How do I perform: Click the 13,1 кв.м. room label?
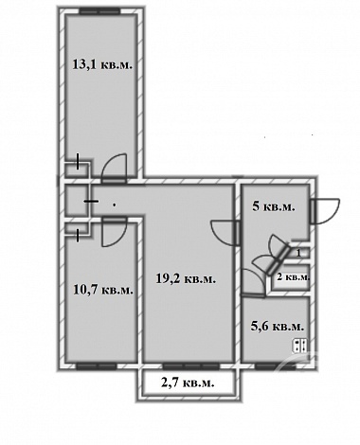point(102,64)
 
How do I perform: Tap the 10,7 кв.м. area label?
point(103,290)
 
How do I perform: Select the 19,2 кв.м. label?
point(186,278)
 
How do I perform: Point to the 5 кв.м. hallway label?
point(274,206)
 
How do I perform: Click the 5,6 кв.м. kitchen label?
point(278,327)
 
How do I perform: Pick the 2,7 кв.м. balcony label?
point(188,383)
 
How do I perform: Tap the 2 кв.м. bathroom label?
point(293,277)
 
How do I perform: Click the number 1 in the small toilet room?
point(298,252)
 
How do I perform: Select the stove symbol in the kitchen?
point(299,345)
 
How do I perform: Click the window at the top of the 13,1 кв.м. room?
point(99,11)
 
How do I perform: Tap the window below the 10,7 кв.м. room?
point(97,366)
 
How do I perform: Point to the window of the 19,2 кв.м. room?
point(190,366)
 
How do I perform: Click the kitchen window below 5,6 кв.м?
point(276,366)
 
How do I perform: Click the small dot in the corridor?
point(114,205)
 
